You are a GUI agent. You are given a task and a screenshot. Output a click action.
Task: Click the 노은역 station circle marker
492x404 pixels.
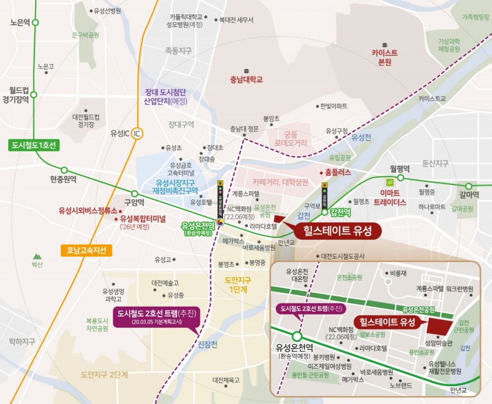pos(35,22)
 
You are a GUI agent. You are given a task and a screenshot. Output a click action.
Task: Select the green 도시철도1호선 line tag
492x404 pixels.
pos(34,146)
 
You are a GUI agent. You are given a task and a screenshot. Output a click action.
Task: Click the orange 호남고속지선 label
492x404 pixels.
pos(87,250)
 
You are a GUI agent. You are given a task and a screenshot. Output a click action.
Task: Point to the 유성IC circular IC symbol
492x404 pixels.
pos(138,133)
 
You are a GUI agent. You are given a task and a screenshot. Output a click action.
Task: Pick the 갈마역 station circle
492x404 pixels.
pos(469,186)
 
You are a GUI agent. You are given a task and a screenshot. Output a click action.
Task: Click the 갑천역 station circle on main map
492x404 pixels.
pos(324,212)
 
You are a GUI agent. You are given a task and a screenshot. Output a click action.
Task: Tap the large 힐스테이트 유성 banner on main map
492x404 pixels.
pos(338,230)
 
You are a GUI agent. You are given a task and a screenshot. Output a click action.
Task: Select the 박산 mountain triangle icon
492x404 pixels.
pos(37,255)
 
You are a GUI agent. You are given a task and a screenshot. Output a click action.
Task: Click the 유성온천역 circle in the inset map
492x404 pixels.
pos(297,336)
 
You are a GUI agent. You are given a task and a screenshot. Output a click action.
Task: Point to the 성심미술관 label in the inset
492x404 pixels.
pos(438,343)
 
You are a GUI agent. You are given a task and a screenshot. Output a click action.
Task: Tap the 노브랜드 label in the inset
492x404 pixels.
pos(400,386)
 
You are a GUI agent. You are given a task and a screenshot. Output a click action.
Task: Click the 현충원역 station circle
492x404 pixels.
pos(63,170)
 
